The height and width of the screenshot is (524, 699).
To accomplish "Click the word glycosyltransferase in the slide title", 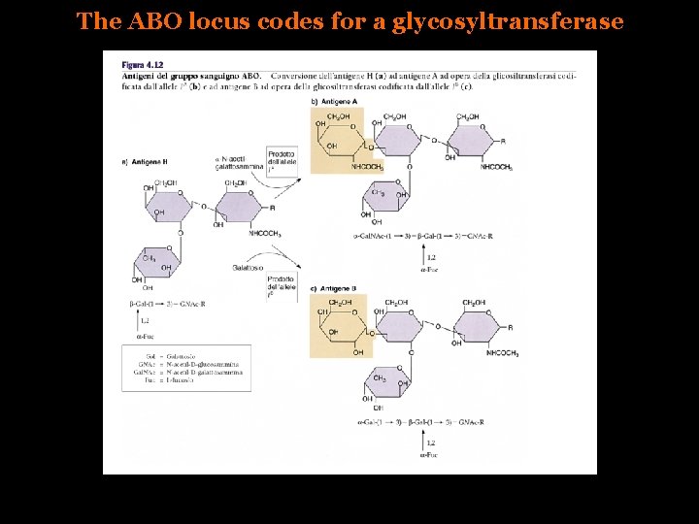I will [508, 20].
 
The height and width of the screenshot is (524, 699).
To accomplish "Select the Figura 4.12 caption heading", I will [144, 65].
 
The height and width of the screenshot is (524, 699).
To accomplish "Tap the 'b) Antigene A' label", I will [335, 101].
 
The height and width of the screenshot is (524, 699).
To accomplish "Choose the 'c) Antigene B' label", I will [335, 289].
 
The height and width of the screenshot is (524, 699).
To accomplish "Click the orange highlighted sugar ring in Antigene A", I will [337, 140].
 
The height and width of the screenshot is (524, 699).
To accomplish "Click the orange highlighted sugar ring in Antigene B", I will [339, 325].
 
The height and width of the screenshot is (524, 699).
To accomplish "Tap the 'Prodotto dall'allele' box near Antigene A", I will [282, 159].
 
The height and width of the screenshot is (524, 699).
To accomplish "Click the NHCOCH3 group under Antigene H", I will [264, 233].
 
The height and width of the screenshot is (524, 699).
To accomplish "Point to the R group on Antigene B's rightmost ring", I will [510, 327].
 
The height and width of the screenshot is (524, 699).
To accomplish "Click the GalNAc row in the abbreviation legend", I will [183, 372].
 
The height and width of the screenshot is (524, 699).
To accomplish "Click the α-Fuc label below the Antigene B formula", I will [428, 454].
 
